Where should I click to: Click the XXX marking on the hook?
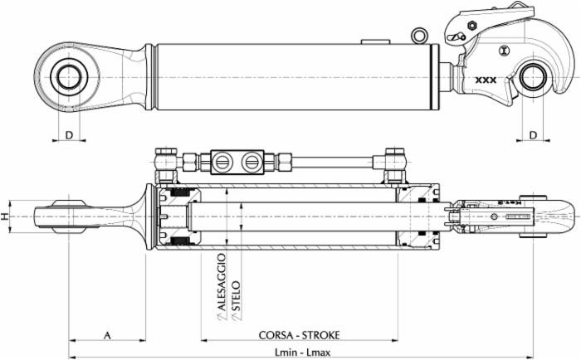tap(486, 80)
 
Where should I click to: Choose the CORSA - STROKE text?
tap(299, 335)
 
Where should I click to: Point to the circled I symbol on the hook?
tap(505, 51)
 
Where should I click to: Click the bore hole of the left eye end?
tap(69, 77)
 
